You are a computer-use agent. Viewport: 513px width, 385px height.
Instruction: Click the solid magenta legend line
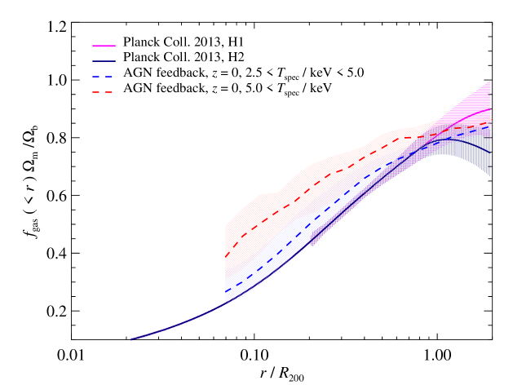[x=104, y=46]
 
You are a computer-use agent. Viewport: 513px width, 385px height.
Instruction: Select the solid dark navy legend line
[x=104, y=61]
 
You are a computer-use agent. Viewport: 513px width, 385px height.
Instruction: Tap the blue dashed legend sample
[x=103, y=77]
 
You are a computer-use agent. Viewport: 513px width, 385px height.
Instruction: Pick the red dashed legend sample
[x=103, y=92]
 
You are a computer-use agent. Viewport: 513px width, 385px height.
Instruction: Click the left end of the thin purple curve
[x=131, y=339]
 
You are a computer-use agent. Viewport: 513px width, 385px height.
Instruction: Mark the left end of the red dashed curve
[x=226, y=255]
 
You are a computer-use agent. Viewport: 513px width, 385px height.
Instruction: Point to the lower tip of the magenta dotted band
[x=312, y=243]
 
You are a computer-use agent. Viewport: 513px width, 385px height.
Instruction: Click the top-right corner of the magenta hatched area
[x=490, y=81]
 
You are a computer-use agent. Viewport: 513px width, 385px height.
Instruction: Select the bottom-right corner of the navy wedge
[x=490, y=175]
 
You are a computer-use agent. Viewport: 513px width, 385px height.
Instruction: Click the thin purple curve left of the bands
[x=179, y=324]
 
